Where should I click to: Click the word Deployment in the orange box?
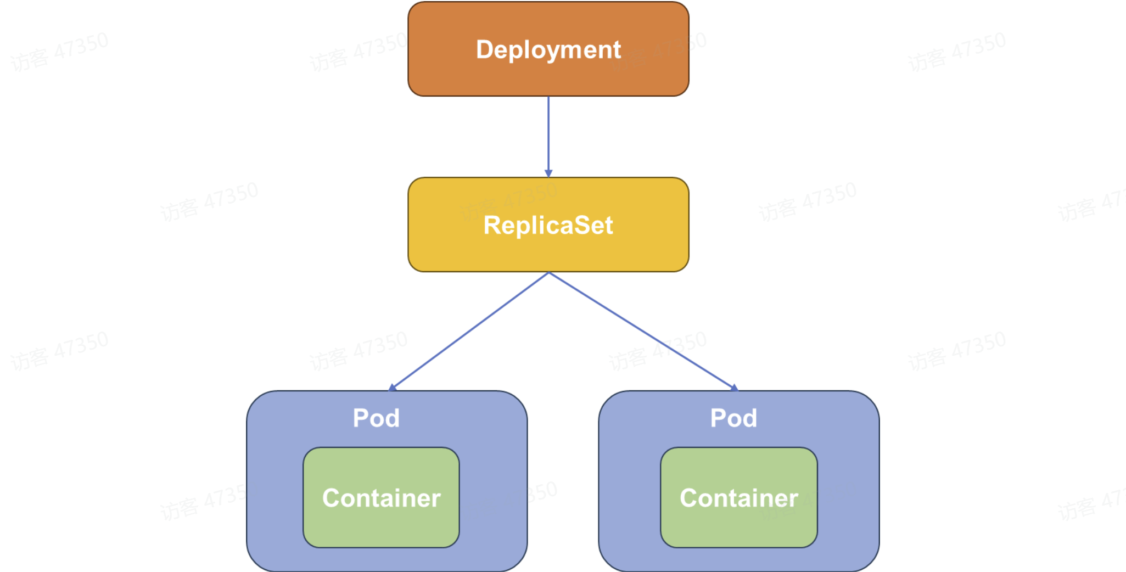[548, 50]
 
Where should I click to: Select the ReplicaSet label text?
[548, 226]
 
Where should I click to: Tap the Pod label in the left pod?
[376, 418]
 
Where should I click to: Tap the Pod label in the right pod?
[733, 418]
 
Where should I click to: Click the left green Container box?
[381, 527]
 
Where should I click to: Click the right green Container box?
[738, 527]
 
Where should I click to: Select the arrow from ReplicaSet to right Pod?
[642, 330]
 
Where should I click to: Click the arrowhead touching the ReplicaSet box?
[548, 173]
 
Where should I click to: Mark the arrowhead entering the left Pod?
[393, 387]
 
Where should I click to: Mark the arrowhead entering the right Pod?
[734, 387]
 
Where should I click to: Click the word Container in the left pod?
[381, 498]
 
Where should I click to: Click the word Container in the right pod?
[738, 498]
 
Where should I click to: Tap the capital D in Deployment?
[484, 50]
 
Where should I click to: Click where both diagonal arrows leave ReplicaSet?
[548, 273]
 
